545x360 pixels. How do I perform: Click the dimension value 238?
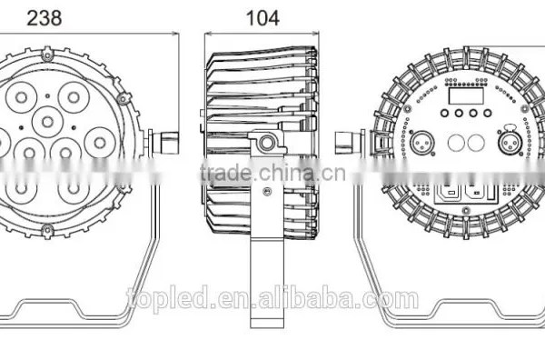click(x=45, y=18)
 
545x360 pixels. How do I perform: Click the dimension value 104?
click(x=263, y=18)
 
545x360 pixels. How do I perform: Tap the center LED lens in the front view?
click(x=47, y=122)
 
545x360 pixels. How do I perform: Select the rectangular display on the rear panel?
click(x=466, y=95)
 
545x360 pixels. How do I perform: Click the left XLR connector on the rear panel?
click(x=421, y=142)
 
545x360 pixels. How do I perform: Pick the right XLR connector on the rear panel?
click(x=510, y=142)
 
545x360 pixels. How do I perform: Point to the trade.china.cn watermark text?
click(x=272, y=173)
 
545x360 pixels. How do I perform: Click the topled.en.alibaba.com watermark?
click(x=272, y=297)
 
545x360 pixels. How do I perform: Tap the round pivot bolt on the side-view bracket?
click(x=266, y=143)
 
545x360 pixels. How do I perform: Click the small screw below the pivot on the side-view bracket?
click(x=267, y=191)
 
